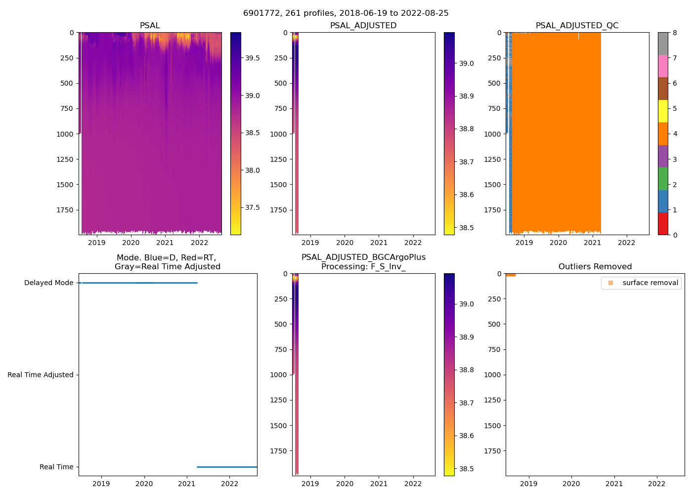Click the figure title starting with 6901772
346,13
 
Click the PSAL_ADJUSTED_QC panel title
577,26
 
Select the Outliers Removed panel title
595,267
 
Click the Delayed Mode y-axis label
48,283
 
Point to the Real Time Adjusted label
41,375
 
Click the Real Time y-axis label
56,467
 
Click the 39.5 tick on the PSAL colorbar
252,58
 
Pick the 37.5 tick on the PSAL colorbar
252,207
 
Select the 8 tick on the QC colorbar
675,33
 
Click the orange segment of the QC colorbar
663,134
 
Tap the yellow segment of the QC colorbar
663,111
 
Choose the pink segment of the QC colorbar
663,66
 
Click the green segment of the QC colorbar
663,179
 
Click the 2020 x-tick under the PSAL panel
131,243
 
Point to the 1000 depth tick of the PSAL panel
65,134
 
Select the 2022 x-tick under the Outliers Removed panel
657,484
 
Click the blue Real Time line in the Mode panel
227,467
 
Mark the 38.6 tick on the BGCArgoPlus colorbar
467,436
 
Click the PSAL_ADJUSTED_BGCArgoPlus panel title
363,262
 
